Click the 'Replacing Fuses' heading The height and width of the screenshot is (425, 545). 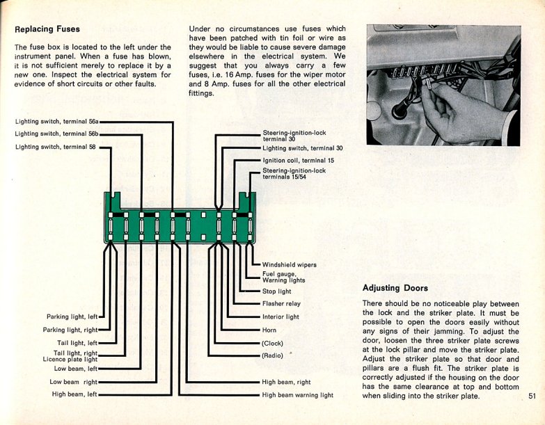coord(47,29)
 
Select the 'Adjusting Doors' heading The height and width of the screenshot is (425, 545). coord(395,287)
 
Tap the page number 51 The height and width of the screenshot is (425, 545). coord(531,396)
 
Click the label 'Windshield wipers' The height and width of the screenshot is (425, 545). coord(289,265)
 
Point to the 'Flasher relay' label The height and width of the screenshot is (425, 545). coord(281,304)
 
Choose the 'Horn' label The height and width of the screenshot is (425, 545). coord(269,330)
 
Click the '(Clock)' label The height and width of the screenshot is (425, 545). coord(272,343)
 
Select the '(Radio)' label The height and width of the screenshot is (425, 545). coord(273,355)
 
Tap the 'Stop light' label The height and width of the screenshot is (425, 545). coord(277,291)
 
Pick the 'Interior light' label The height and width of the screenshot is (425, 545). coord(281,316)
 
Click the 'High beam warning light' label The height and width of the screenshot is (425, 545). coord(297,395)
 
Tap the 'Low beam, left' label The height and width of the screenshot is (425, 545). coord(76,369)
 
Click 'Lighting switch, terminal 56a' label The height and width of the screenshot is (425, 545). coord(57,122)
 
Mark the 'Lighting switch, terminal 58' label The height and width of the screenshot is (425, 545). coord(55,147)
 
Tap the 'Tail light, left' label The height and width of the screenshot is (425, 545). coord(77,343)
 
